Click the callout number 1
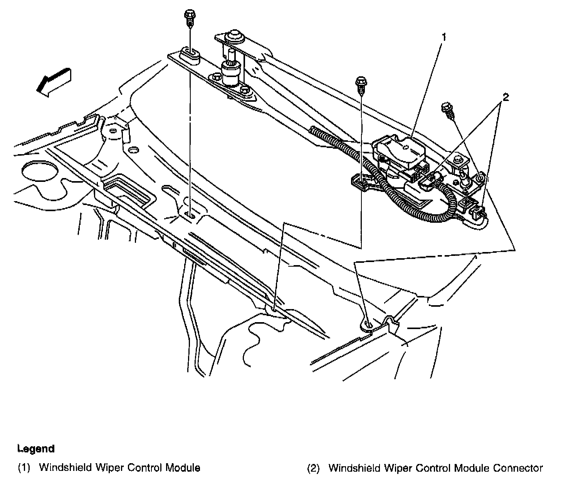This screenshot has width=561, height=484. click(444, 37)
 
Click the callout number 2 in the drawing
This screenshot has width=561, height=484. click(505, 97)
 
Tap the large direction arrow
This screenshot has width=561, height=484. click(54, 81)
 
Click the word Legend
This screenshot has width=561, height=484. click(36, 449)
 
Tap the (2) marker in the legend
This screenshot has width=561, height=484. click(313, 468)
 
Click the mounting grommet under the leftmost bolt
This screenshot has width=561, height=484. click(190, 54)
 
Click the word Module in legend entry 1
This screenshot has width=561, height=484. click(183, 468)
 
